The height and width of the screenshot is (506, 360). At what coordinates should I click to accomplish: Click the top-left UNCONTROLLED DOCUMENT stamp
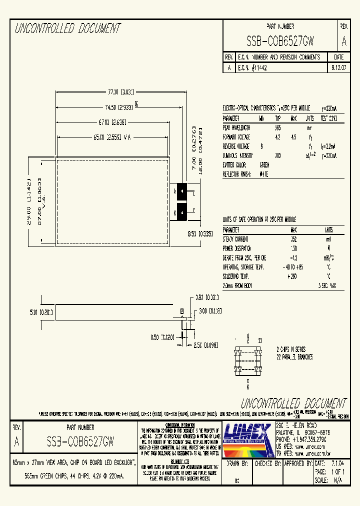point(68,28)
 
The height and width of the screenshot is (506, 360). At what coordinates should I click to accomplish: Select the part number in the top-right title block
point(280,41)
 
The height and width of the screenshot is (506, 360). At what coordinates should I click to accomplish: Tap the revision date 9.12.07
point(338,67)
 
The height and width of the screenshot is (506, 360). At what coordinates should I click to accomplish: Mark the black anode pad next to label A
point(182,191)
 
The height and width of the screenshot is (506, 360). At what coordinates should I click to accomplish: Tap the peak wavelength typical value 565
point(277,127)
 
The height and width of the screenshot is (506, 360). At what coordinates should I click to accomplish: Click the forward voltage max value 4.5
point(293,136)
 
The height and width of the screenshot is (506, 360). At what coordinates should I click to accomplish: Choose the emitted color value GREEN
point(264,164)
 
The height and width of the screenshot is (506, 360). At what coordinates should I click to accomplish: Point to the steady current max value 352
point(293,239)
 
